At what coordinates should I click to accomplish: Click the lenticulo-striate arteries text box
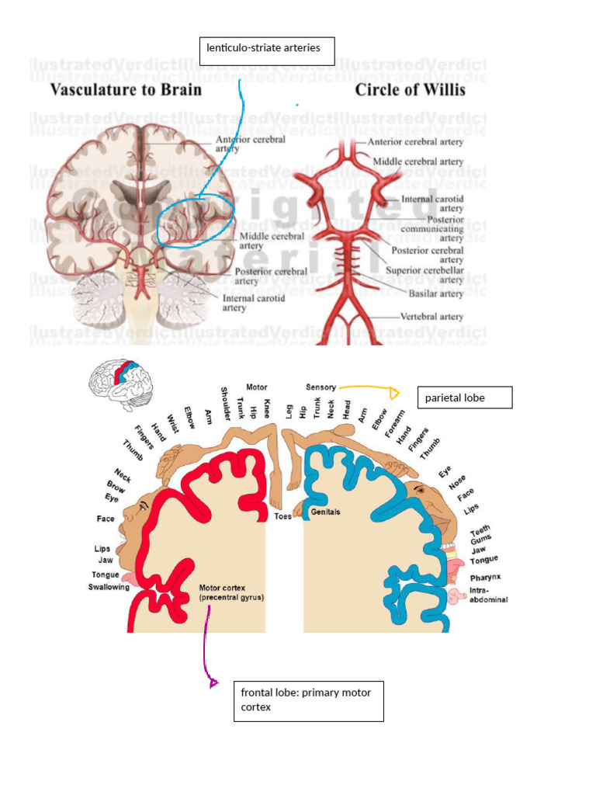(x=268, y=51)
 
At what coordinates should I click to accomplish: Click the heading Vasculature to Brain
(x=126, y=90)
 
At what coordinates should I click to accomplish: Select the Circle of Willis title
(x=410, y=90)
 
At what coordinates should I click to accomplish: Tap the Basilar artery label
(x=435, y=293)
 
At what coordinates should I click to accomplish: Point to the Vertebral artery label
(x=431, y=317)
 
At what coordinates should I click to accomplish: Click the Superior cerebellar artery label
(x=424, y=275)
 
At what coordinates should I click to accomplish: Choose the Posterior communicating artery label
(x=432, y=229)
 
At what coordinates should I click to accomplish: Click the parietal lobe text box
(x=464, y=397)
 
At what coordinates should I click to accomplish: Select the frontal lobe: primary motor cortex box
(x=308, y=701)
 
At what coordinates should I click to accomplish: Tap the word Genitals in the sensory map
(x=325, y=512)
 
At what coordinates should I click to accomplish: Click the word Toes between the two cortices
(x=282, y=516)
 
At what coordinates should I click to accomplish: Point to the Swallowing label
(x=108, y=588)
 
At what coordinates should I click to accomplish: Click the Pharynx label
(x=485, y=578)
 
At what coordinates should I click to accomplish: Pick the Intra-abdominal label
(x=488, y=595)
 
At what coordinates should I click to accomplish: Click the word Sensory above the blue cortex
(x=321, y=387)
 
